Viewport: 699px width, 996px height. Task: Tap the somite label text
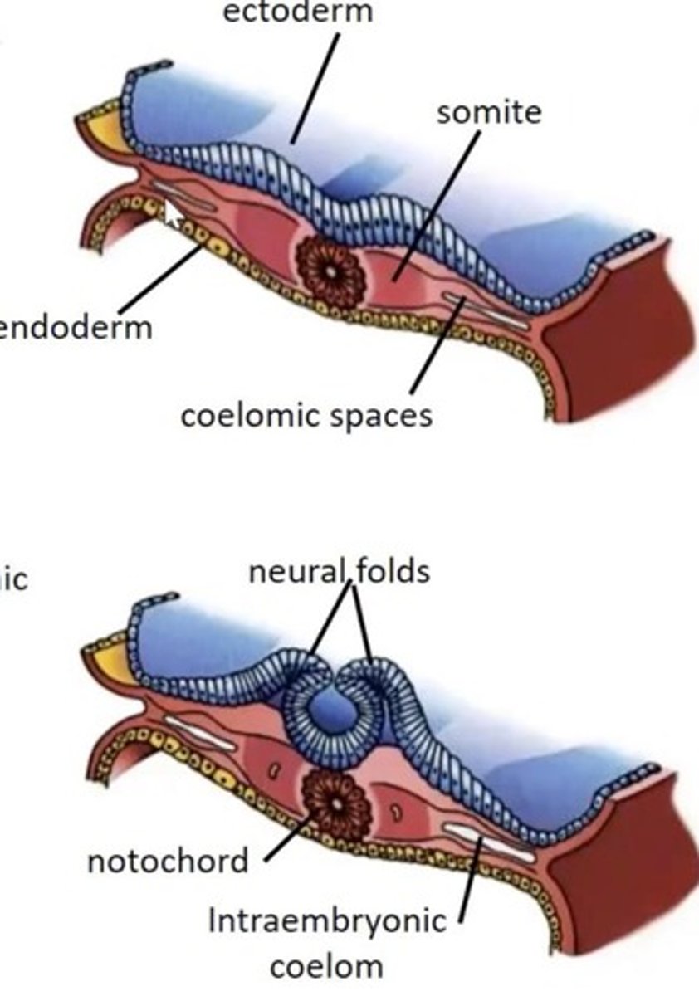[x=489, y=113]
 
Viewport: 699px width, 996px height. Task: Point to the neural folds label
[x=339, y=571]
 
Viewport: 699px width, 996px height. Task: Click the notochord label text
[x=168, y=861]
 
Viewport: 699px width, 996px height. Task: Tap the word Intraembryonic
[x=326, y=920]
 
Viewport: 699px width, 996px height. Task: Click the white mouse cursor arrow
[x=173, y=214]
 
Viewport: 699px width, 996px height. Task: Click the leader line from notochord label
[x=291, y=838]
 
